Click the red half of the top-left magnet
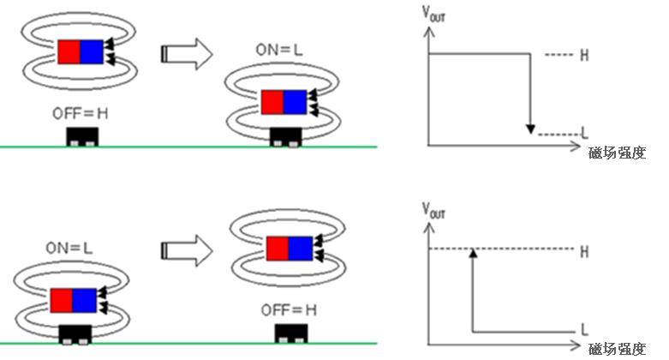pos(69,52)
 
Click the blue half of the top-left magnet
pos(92,52)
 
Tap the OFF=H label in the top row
pos(81,114)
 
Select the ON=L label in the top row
pos(279,50)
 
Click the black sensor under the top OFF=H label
pos(82,136)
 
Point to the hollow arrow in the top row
pos(187,54)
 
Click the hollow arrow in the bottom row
pos(187,250)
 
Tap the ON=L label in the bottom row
pos(69,248)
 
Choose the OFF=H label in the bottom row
pos(289,310)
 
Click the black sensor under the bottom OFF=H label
pos(291,333)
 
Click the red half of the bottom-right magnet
pos(278,249)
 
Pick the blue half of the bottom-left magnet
pos(85,301)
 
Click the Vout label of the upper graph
pos(433,13)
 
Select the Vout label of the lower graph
pos(433,210)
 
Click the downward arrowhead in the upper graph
pos(530,129)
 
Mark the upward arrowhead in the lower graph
pos(473,253)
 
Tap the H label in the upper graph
pos(584,55)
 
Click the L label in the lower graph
pos(584,330)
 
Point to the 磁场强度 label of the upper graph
pos(617,153)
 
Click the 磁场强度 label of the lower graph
pos(617,350)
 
